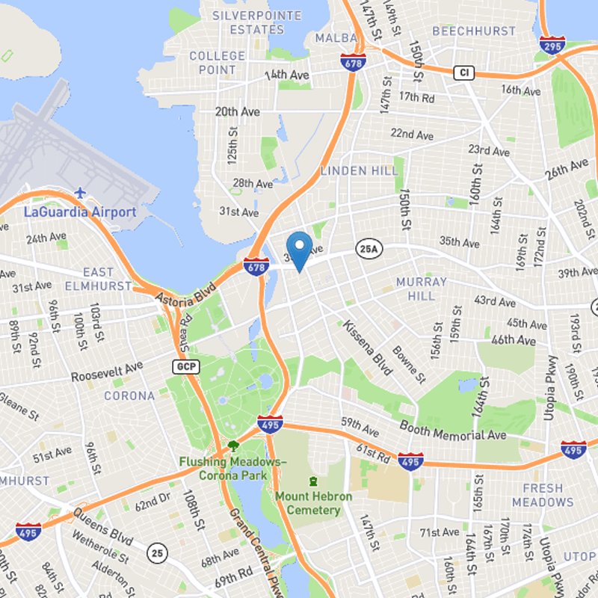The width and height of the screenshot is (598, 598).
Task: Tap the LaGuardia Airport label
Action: pyautogui.click(x=80, y=212)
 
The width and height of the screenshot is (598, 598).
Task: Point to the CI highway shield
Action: pyautogui.click(x=464, y=73)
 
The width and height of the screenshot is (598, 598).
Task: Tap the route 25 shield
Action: pyautogui.click(x=156, y=553)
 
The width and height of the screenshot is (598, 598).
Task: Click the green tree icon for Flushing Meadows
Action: pyautogui.click(x=233, y=446)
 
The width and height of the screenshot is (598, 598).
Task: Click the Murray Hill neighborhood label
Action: pyautogui.click(x=422, y=289)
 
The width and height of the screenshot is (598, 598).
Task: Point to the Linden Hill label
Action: pyautogui.click(x=359, y=171)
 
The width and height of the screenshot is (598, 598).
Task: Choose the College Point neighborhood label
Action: pyautogui.click(x=217, y=63)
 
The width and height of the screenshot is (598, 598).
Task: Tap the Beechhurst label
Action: pyautogui.click(x=474, y=31)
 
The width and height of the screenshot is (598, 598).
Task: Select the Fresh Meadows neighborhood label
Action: pyautogui.click(x=543, y=495)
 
